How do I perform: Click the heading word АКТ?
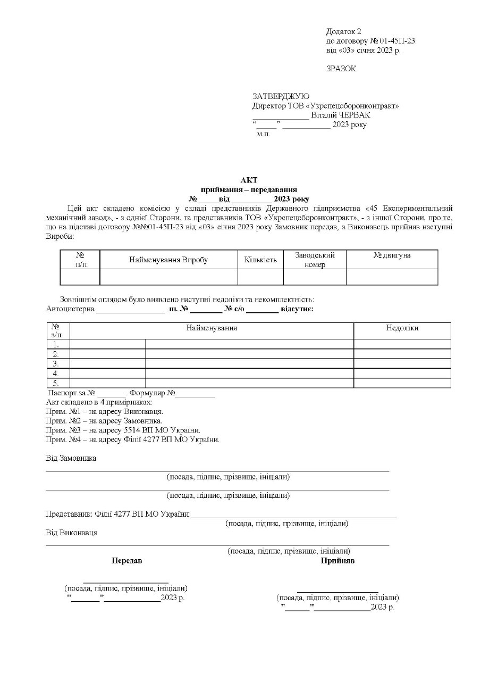click(x=249, y=180)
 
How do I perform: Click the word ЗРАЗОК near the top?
click(x=341, y=68)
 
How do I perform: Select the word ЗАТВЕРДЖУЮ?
click(x=281, y=96)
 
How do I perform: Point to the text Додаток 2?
click(x=343, y=31)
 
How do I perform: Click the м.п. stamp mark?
click(x=263, y=135)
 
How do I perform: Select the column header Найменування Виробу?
click(x=168, y=260)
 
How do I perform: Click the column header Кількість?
click(x=260, y=260)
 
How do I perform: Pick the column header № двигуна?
click(x=392, y=256)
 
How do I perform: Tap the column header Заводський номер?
click(x=315, y=260)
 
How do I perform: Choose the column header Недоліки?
click(x=402, y=328)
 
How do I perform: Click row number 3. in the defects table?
click(x=56, y=363)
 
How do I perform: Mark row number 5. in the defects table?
click(x=56, y=383)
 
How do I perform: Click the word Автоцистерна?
click(x=70, y=308)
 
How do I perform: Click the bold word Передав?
click(x=126, y=561)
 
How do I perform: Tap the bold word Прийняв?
click(x=337, y=561)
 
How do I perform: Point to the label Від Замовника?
click(x=71, y=458)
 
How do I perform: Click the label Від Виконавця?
click(x=71, y=532)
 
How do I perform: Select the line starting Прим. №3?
click(x=123, y=430)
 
